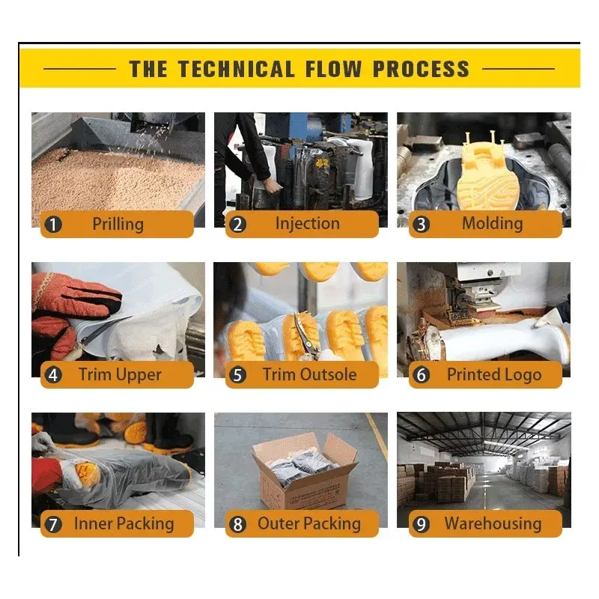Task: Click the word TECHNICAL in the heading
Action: pyautogui.click(x=236, y=70)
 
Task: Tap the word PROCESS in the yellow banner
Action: pyautogui.click(x=421, y=70)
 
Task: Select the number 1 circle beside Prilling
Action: pyautogui.click(x=53, y=225)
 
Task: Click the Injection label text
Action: pyautogui.click(x=308, y=224)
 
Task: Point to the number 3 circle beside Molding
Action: pyautogui.click(x=421, y=225)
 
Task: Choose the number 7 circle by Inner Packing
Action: pyautogui.click(x=53, y=525)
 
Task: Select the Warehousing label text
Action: pyautogui.click(x=493, y=524)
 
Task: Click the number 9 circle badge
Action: pyautogui.click(x=421, y=525)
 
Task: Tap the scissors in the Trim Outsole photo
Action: pyautogui.click(x=305, y=333)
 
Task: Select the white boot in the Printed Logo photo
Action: pyautogui.click(x=503, y=340)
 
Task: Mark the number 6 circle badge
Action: pyautogui.click(x=421, y=375)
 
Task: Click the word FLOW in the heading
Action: pyautogui.click(x=333, y=70)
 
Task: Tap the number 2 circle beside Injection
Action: pyautogui.click(x=237, y=225)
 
